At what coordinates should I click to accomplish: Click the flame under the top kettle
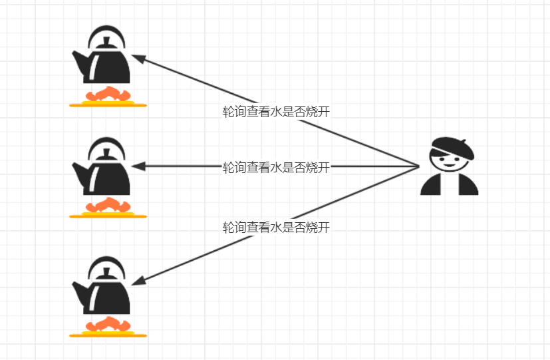pyautogui.click(x=107, y=94)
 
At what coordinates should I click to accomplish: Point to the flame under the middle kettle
pyautogui.click(x=107, y=205)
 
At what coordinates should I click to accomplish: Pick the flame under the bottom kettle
pyautogui.click(x=107, y=324)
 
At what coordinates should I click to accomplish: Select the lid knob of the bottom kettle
pyautogui.click(x=106, y=271)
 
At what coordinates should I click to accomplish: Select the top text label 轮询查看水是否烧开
pyautogui.click(x=276, y=112)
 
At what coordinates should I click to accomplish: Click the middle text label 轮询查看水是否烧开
pyautogui.click(x=276, y=167)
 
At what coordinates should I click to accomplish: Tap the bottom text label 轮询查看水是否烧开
pyautogui.click(x=276, y=228)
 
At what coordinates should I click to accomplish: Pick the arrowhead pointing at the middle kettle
pyautogui.click(x=138, y=166)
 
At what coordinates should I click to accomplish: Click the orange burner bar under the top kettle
pyautogui.click(x=108, y=104)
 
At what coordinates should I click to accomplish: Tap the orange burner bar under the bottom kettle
pyautogui.click(x=108, y=335)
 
